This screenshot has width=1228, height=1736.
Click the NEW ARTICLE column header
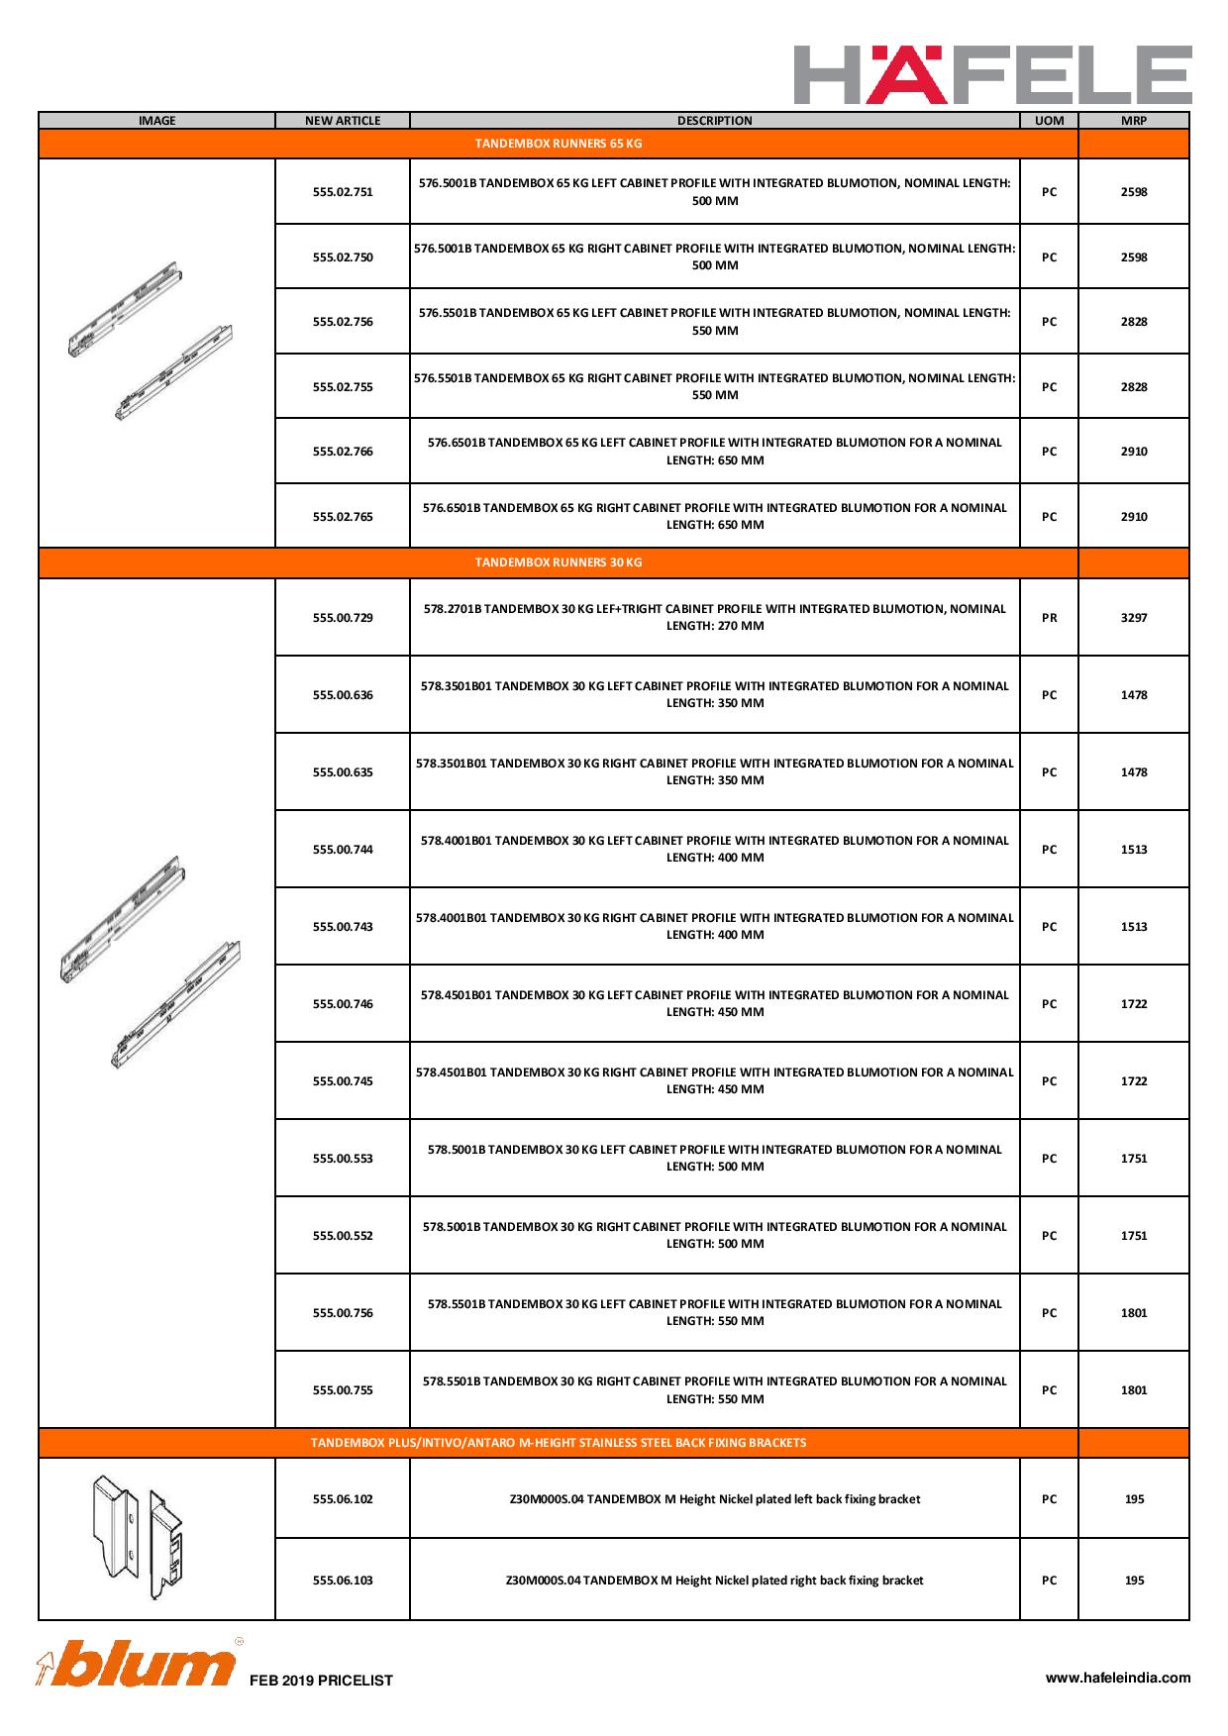[343, 121]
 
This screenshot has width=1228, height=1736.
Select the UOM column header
[1049, 121]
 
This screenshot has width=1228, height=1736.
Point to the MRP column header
[1133, 121]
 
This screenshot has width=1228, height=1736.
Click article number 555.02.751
[343, 192]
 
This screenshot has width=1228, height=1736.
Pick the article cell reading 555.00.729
[343, 618]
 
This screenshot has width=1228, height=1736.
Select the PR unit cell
[1049, 618]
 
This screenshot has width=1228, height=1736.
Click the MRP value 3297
[1134, 618]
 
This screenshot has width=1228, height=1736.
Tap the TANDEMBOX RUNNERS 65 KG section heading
[559, 144]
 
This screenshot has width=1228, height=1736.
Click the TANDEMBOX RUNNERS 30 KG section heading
[559, 562]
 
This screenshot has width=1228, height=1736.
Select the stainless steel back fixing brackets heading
[559, 1443]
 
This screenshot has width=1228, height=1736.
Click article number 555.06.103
[343, 1581]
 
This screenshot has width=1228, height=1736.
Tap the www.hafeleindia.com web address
[1118, 1678]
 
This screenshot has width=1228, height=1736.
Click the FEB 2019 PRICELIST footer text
[321, 1681]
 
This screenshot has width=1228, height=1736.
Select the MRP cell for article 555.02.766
[1134, 452]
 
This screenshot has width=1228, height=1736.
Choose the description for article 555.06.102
[714, 1499]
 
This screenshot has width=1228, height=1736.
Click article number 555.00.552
[343, 1236]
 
